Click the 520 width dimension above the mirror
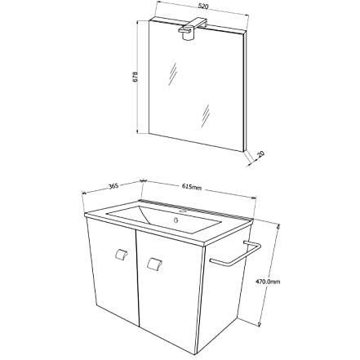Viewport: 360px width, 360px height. point(203,7)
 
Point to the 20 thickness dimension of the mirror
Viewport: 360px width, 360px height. point(260,154)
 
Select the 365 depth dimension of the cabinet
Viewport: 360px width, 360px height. point(113,186)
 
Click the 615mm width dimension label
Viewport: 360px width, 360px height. point(192,187)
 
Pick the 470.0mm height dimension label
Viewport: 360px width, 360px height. point(268,282)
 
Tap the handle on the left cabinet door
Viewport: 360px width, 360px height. point(121,255)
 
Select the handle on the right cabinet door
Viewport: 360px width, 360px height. point(154,263)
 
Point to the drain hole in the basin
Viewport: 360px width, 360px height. point(176,219)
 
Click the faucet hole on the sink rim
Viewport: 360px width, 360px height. point(184,211)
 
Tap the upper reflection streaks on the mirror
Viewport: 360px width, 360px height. point(172,74)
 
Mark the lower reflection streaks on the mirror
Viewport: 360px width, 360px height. point(206,116)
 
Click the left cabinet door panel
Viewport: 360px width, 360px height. point(113,272)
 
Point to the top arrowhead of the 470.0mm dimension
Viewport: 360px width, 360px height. point(278,226)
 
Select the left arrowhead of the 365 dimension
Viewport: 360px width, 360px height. point(84,193)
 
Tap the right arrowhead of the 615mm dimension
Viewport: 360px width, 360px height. point(254,198)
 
